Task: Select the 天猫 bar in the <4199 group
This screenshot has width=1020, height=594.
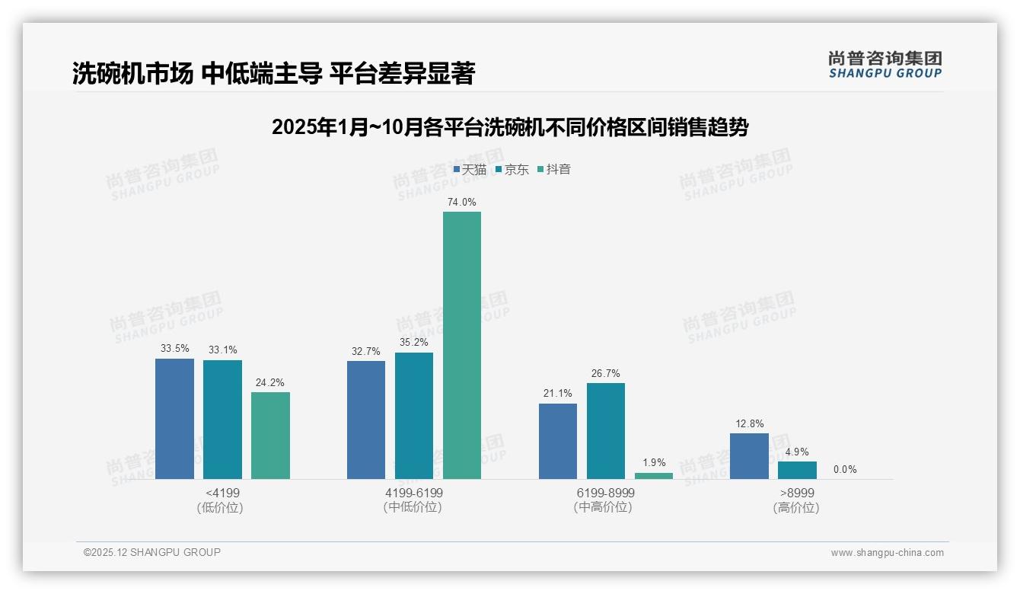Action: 174,419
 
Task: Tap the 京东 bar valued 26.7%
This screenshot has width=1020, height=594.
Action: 606,431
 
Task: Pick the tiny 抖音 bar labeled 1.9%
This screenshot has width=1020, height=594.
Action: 654,476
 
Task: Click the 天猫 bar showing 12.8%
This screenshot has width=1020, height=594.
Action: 749,456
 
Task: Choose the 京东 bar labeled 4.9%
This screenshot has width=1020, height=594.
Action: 797,470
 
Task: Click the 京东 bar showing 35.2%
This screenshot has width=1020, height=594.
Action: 414,416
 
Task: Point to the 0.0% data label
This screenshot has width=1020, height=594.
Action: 845,469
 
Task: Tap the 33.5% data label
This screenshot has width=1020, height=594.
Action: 174,349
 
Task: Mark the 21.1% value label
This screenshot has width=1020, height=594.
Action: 558,394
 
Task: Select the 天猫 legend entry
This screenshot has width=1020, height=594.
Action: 470,169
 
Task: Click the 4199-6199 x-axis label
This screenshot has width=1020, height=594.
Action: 414,493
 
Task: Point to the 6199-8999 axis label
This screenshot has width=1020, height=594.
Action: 605,493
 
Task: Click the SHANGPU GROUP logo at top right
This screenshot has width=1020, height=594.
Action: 885,65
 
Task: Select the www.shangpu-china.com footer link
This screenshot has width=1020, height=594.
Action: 887,553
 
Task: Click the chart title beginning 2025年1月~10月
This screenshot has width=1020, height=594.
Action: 510,127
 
